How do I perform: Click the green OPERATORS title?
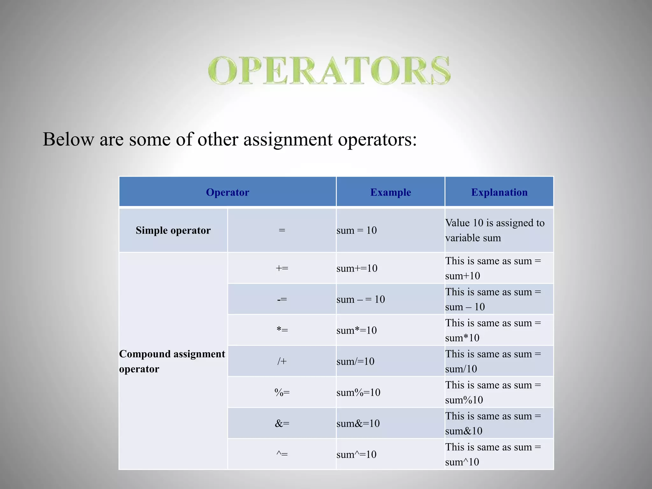329,70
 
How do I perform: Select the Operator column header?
227,192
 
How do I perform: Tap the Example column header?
390,192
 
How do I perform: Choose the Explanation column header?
499,192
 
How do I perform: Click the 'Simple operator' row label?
173,230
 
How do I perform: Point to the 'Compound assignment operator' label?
172,361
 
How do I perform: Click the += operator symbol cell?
282,268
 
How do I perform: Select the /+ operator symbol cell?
282,361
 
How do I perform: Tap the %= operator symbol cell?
282,392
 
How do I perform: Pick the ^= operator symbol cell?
282,454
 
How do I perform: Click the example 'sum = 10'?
357,230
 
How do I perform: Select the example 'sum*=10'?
357,330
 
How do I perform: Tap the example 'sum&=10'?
358,423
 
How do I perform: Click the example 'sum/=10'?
355,361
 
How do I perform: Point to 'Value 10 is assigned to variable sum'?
495,230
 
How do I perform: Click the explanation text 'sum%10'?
464,400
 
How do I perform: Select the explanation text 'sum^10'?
462,462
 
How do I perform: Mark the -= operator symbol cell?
282,299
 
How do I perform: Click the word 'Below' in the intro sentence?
68,139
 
